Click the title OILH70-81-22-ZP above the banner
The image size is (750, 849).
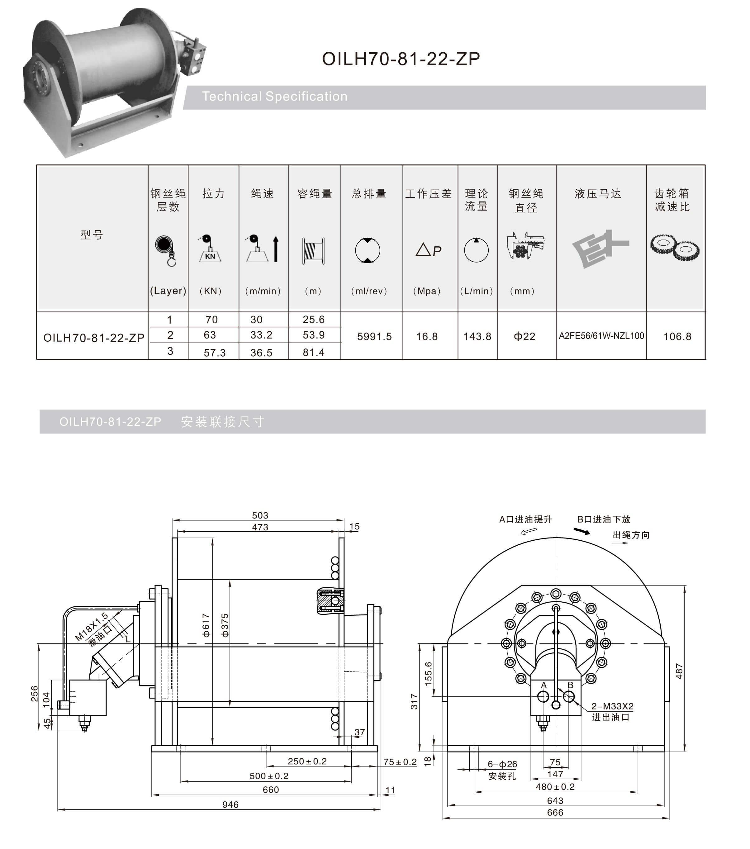click(401, 59)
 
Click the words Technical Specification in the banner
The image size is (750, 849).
click(274, 96)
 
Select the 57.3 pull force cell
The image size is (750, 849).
click(214, 353)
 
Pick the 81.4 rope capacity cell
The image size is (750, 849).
click(314, 352)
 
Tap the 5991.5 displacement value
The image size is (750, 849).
click(374, 336)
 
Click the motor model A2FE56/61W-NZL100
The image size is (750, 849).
click(601, 336)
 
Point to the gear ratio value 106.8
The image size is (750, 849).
click(677, 336)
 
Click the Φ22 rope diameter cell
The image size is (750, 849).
click(524, 336)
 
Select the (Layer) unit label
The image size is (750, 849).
click(168, 291)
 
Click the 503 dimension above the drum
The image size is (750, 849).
click(260, 515)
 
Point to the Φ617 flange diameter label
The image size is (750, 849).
click(206, 625)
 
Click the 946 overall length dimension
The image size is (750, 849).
click(230, 804)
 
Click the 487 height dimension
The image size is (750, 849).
click(679, 671)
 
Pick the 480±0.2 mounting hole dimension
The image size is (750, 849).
click(555, 787)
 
